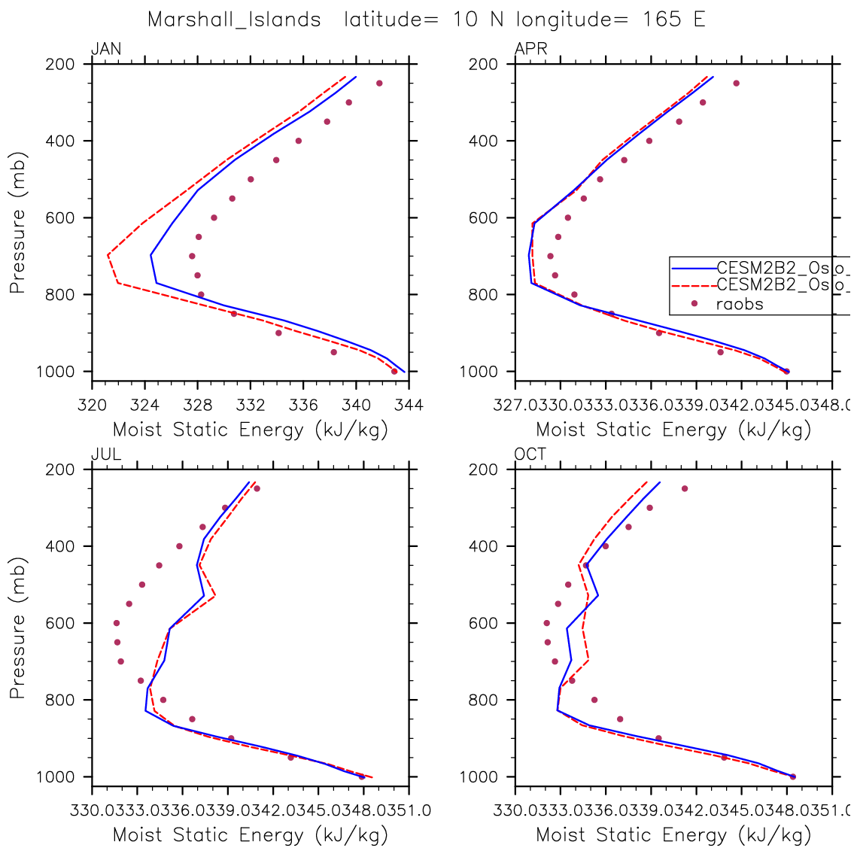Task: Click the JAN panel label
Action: (x=105, y=50)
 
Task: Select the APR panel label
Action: (x=530, y=50)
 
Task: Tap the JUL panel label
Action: (x=105, y=454)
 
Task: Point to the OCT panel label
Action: (x=530, y=454)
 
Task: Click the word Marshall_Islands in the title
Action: (x=234, y=20)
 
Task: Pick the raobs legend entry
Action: (x=739, y=304)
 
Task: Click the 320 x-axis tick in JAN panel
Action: (x=92, y=406)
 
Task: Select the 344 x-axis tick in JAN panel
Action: (x=409, y=406)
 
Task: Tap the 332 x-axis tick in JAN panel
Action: (x=251, y=406)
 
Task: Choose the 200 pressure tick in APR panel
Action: (x=485, y=64)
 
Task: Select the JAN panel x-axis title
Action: (x=250, y=430)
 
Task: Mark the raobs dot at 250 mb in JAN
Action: (x=379, y=83)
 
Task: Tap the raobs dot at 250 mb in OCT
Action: (x=685, y=488)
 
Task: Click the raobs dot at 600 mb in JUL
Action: (x=117, y=623)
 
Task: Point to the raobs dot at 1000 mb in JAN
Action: (x=394, y=371)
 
